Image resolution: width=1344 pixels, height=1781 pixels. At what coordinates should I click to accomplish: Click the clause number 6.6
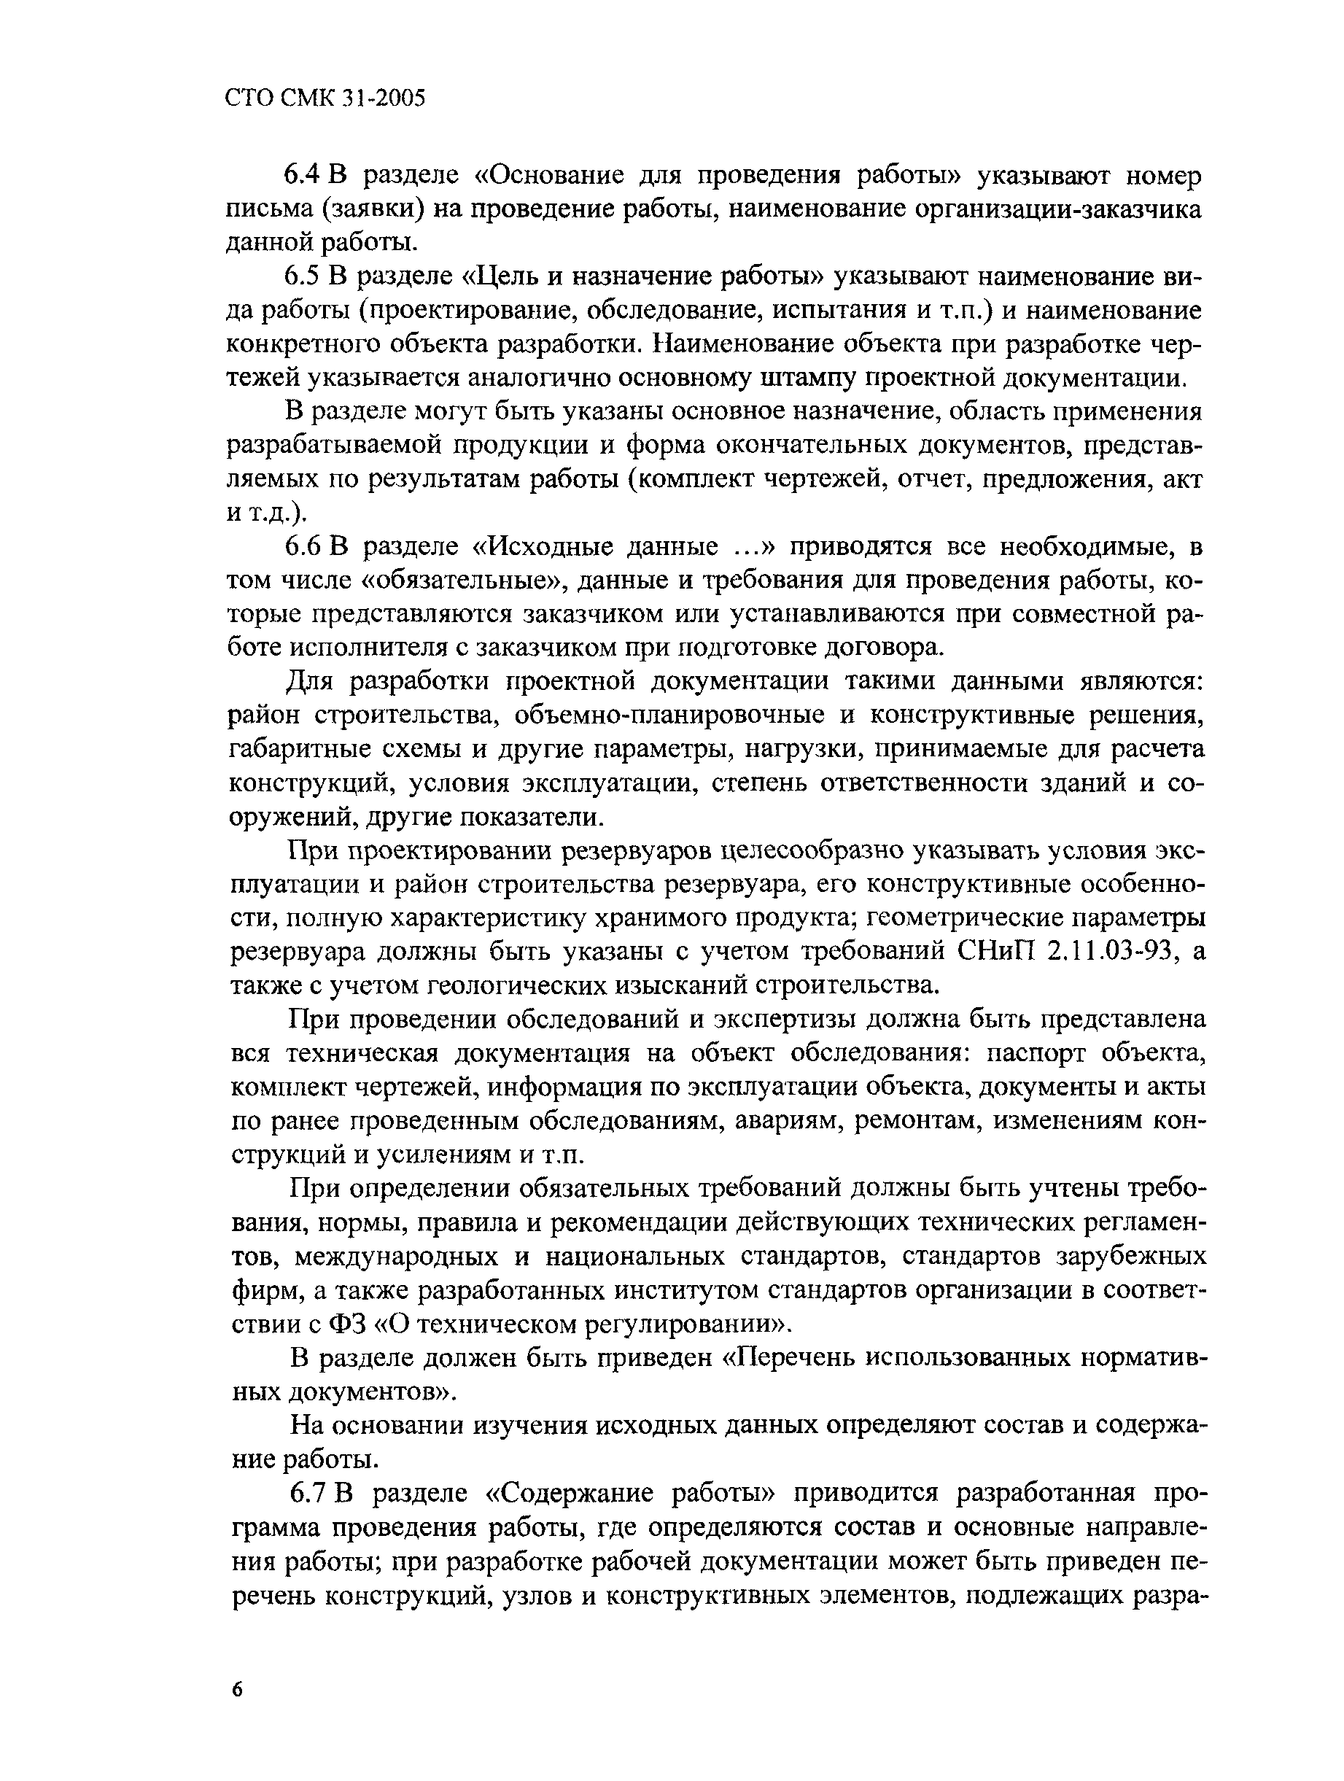304,547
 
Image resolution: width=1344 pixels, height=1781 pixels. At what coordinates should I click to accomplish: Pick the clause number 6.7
308,1492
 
